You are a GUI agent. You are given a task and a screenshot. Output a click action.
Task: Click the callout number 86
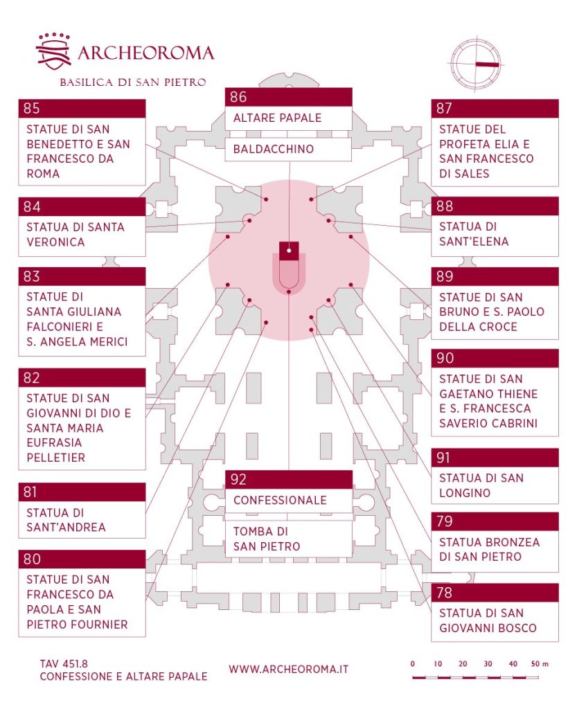coord(238,97)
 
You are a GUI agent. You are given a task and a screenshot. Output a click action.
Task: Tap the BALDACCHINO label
coord(274,149)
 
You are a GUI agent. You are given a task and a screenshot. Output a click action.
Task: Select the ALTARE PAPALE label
coord(277,118)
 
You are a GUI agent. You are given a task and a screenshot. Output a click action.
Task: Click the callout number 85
coord(31,108)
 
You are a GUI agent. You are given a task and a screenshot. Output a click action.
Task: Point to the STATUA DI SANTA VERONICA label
coord(76,234)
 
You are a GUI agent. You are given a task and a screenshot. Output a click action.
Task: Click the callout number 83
coord(31,276)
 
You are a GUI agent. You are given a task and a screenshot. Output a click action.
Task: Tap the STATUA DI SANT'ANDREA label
coord(66,520)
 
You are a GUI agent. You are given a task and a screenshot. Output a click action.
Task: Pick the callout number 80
coord(31,559)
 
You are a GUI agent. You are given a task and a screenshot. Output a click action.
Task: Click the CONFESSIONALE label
coord(280,500)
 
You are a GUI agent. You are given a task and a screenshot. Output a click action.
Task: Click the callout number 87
coord(444,108)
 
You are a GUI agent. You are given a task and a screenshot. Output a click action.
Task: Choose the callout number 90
coord(444,358)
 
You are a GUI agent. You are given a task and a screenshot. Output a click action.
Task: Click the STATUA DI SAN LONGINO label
coord(481,485)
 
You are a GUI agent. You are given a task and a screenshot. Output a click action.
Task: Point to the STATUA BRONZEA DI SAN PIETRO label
coord(489,550)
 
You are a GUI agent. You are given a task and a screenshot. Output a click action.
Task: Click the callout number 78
coord(444,592)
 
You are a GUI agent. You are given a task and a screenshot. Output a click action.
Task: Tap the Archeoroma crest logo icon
coord(53,52)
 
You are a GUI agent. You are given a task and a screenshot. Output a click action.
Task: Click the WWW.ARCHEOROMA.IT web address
coord(288,669)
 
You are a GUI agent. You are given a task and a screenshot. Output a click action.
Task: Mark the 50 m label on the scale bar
coord(540,664)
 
